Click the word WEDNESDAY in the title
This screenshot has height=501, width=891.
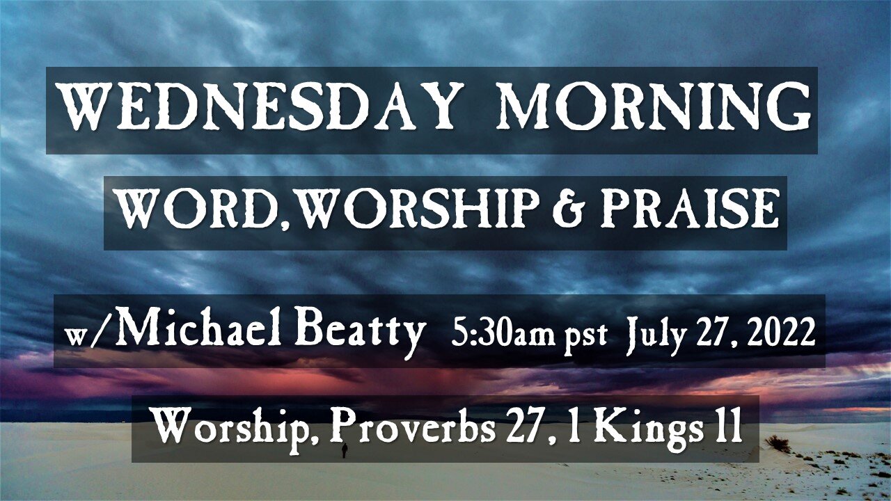[258, 106]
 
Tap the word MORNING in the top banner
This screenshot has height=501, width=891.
[653, 106]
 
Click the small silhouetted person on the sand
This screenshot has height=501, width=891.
[345, 450]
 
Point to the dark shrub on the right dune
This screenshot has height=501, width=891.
[778, 444]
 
